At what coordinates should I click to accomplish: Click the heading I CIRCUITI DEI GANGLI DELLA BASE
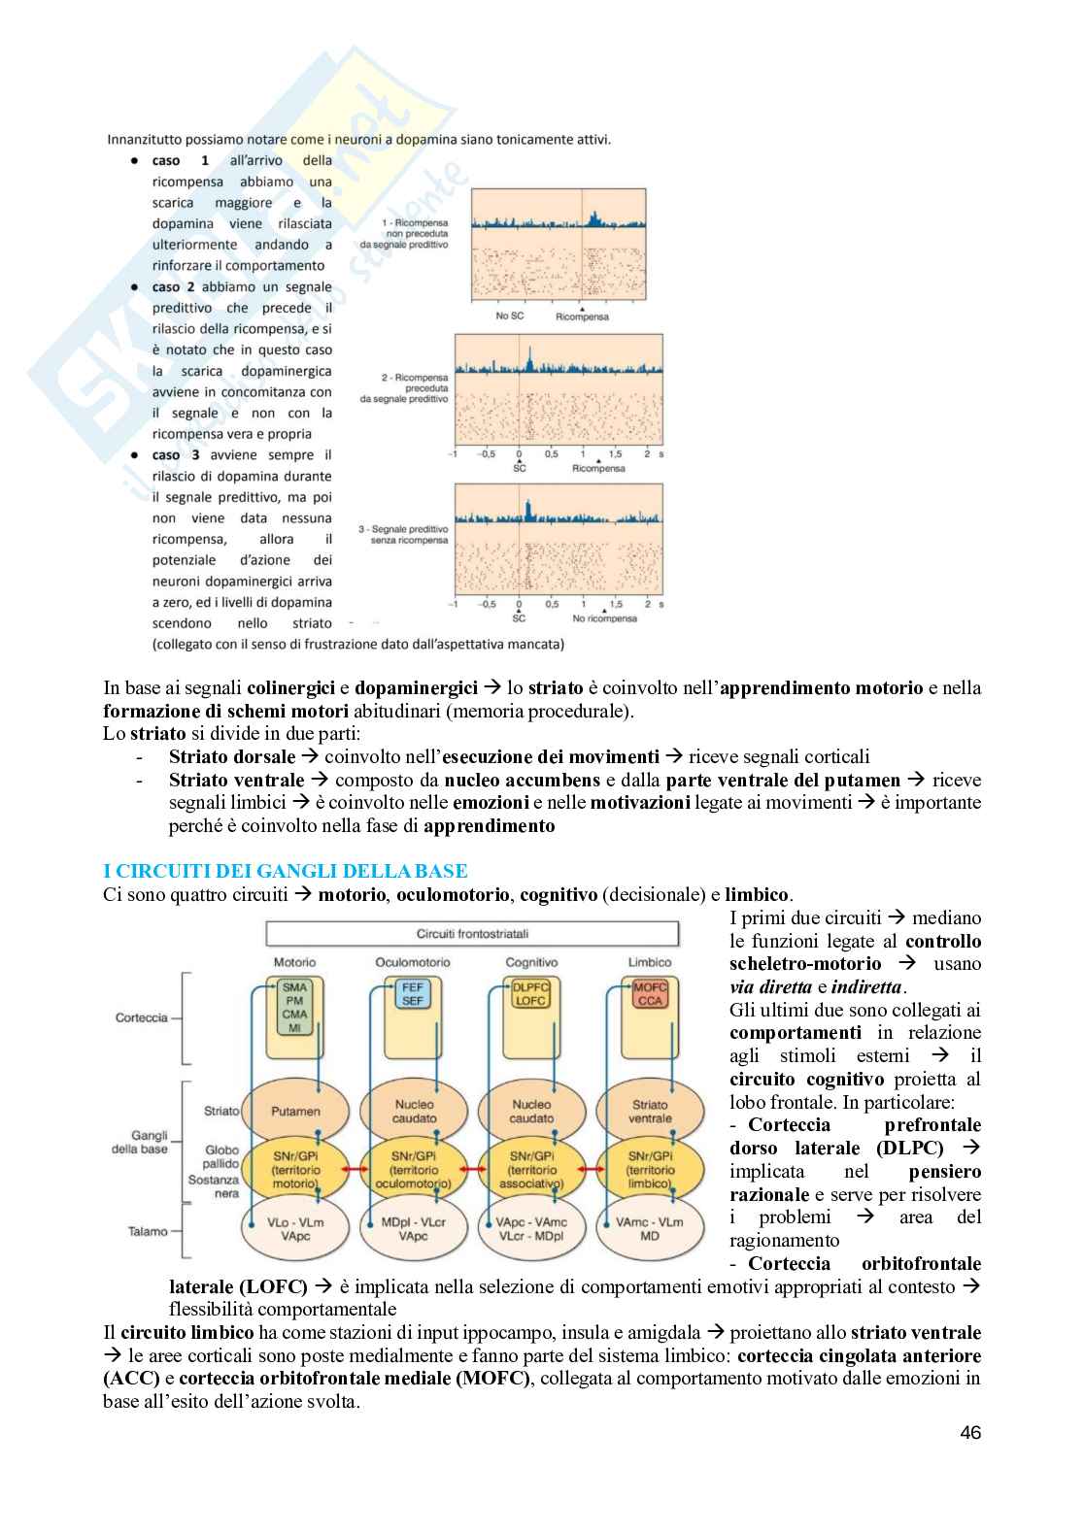(285, 871)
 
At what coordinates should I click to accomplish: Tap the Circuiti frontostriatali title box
(472, 934)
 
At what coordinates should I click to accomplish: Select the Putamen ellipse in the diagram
(295, 1112)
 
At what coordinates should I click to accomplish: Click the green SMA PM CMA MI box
(294, 1008)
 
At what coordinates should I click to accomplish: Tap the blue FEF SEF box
(413, 994)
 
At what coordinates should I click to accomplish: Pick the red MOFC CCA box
(650, 994)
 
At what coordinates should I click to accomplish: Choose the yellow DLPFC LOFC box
(531, 994)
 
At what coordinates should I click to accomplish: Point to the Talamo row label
(148, 1231)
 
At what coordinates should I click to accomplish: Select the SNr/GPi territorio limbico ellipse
(650, 1170)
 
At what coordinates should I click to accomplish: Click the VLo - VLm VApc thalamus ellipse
(295, 1230)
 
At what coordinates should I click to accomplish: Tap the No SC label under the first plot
(509, 316)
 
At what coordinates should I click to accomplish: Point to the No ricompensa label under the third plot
(604, 618)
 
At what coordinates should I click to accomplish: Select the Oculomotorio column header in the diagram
(413, 962)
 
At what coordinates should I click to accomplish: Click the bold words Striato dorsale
(231, 756)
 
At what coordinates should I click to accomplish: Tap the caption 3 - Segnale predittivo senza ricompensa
(403, 533)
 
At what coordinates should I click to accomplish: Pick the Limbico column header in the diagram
(650, 962)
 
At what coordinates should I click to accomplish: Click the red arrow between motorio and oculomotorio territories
(354, 1170)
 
